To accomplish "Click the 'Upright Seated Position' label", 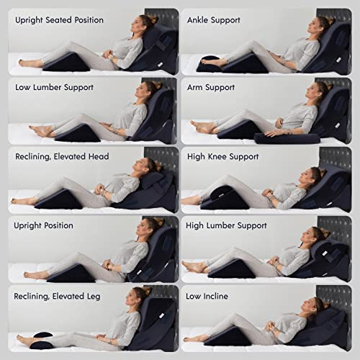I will tap(59, 19).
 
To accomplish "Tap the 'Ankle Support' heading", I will tap(215, 19).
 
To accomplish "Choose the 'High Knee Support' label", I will tap(223, 156).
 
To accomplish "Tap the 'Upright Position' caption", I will tap(44, 225).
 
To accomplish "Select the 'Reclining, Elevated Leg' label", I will tap(55, 296).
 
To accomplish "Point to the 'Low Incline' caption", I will tap(210, 296).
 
